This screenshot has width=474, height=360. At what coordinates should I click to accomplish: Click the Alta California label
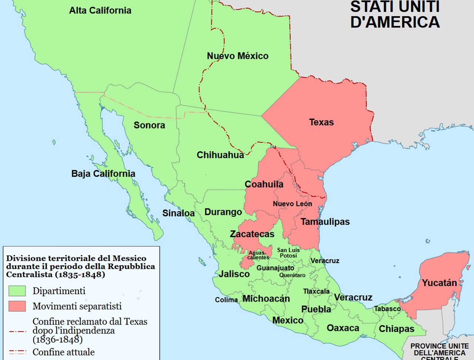100,10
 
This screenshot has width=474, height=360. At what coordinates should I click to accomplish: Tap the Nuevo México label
237,56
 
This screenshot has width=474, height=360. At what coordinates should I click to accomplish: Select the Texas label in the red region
321,122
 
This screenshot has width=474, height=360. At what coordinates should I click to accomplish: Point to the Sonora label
149,125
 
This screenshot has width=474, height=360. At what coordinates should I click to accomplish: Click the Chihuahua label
220,155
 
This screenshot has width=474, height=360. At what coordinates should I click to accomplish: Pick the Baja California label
103,174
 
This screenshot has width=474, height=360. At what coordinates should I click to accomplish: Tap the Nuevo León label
292,203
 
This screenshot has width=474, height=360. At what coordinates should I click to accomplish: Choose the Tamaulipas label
325,222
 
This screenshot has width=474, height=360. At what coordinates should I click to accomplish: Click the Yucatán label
439,283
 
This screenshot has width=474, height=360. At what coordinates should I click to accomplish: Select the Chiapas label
396,329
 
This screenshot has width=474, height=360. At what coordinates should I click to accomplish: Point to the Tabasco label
387,309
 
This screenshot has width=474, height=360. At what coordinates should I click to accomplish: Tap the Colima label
226,300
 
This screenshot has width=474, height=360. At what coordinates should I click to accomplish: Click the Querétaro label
292,275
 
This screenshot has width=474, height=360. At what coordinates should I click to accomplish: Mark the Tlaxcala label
316,291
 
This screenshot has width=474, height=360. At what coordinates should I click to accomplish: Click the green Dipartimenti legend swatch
17,291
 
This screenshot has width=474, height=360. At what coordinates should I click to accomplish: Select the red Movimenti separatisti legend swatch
17,306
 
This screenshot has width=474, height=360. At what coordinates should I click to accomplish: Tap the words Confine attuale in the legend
63,352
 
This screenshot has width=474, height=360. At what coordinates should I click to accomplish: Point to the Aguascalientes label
258,255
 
